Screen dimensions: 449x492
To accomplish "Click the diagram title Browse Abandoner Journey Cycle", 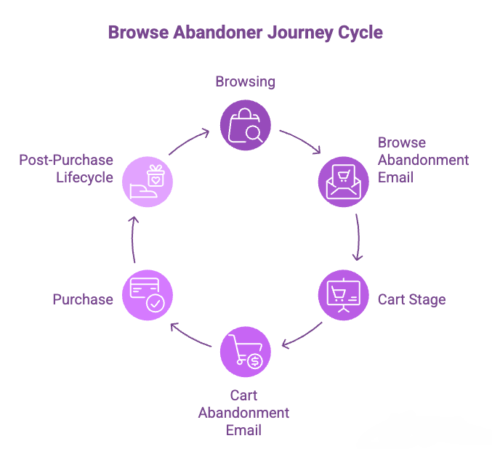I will (x=246, y=32).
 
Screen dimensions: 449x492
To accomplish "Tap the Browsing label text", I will (x=246, y=81).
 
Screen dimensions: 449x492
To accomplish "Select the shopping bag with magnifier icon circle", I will (x=246, y=125).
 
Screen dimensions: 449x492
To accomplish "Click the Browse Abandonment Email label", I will (x=423, y=159).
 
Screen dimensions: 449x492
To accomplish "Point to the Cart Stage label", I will (x=411, y=299).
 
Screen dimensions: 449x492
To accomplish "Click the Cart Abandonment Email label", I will (x=244, y=413).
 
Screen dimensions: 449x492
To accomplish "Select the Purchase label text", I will (x=83, y=299).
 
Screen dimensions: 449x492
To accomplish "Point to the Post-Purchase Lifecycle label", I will (x=66, y=168).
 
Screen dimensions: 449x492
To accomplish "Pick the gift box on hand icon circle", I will (x=148, y=182).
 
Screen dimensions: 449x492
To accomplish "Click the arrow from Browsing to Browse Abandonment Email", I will (x=301, y=140).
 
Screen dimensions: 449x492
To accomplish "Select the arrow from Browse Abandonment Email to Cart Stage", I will (x=358, y=238).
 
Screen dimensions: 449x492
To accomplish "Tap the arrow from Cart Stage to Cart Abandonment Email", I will (x=302, y=336).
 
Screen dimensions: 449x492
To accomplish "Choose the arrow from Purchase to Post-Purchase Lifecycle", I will (x=132, y=239).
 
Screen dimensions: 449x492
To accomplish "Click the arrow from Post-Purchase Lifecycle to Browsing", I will (x=190, y=141).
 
